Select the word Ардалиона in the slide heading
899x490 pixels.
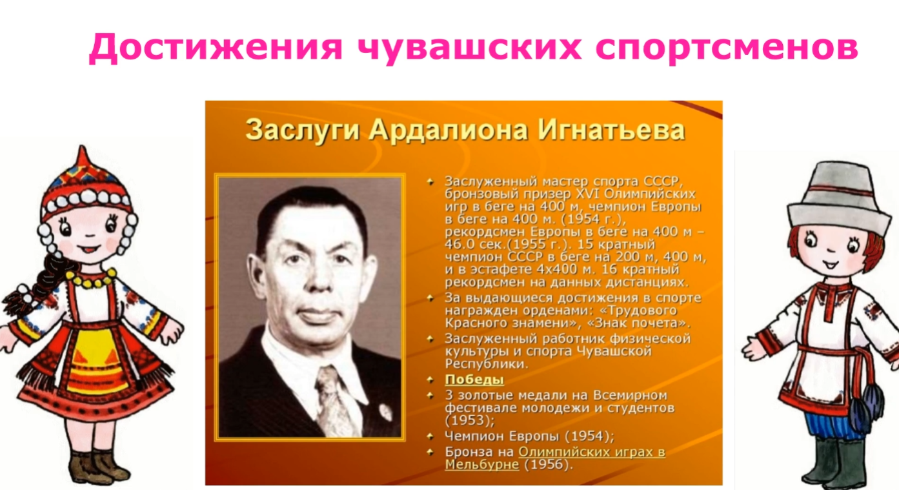coord(448,130)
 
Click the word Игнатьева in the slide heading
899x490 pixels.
coord(611,130)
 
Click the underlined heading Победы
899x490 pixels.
coord(474,379)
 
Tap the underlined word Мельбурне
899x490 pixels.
coord(482,464)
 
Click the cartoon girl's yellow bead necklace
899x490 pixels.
coord(91,278)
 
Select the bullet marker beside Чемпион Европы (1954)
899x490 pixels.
coord(430,436)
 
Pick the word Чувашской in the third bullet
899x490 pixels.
coord(614,351)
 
